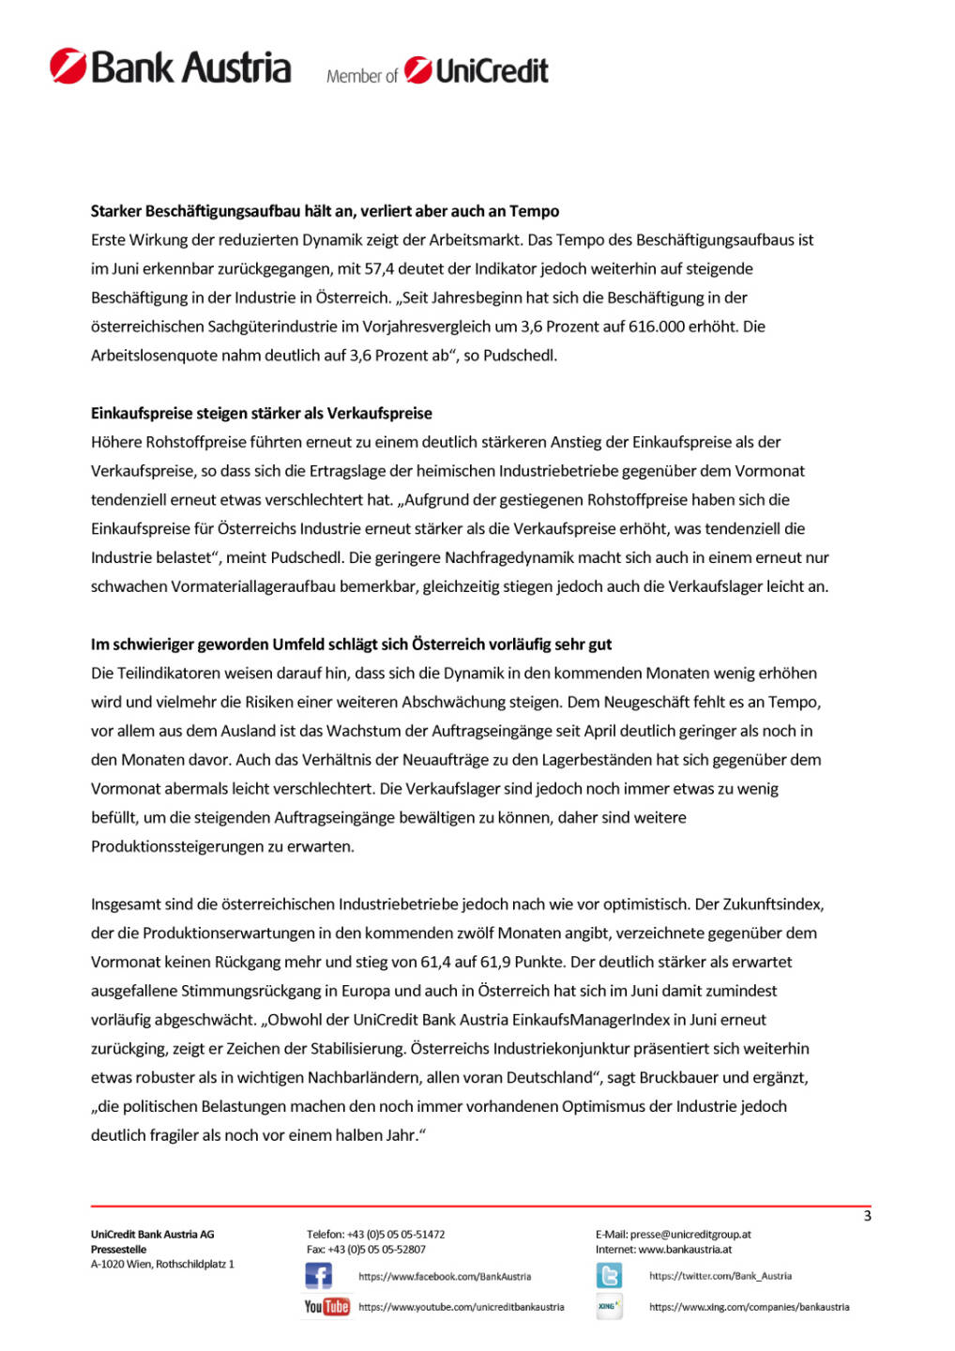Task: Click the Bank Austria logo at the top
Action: pos(171,68)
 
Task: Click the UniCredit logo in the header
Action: pos(477,70)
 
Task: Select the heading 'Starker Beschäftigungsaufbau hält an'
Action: pos(325,211)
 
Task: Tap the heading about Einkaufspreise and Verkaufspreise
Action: pos(261,413)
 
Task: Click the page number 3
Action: pos(867,1216)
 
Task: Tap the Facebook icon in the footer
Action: pos(318,1276)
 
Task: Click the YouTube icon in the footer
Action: pos(326,1306)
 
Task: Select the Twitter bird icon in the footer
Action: pos(609,1276)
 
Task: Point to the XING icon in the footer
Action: pos(609,1306)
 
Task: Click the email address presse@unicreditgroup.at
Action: pos(690,1235)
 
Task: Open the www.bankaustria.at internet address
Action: pos(685,1250)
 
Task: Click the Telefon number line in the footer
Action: pos(375,1235)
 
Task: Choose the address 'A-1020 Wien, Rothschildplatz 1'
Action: pos(162,1265)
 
